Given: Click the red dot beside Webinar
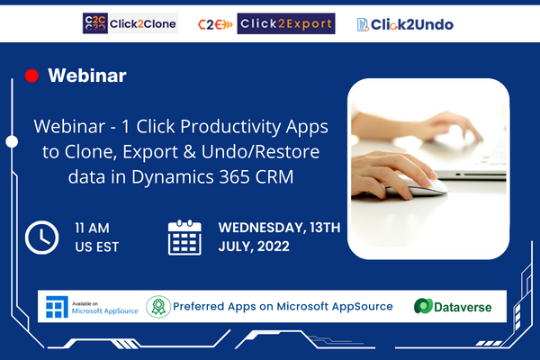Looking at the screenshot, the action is [x=31, y=76].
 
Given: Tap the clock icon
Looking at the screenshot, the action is [x=41, y=238].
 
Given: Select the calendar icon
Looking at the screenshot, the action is [x=184, y=238].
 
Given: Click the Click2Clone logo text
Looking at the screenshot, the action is [x=143, y=23].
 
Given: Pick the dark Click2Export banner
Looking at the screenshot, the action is [x=286, y=23].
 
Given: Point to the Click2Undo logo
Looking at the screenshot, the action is [x=405, y=24].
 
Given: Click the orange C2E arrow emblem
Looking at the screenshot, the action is [x=215, y=24].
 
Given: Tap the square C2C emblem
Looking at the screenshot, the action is [x=95, y=23].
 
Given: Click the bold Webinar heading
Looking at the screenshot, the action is [x=87, y=76].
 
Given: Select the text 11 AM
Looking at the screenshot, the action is [x=93, y=228].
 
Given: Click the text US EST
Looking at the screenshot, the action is [x=97, y=247].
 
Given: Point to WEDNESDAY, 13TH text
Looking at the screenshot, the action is [x=279, y=228].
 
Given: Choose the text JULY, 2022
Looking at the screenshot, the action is [x=254, y=247].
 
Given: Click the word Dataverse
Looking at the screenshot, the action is [x=463, y=307].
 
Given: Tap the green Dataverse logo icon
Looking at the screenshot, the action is [x=423, y=306].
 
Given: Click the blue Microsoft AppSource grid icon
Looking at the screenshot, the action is [x=57, y=307].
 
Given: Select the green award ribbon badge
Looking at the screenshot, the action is [x=158, y=307].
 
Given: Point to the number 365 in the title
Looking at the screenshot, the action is [x=235, y=176].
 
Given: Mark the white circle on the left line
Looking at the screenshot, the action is [x=12, y=141].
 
